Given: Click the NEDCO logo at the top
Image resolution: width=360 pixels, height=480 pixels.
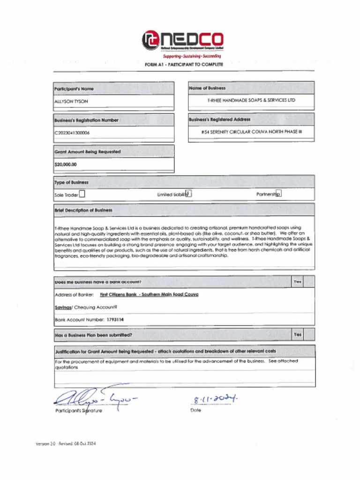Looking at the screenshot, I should pyautogui.click(x=183, y=40).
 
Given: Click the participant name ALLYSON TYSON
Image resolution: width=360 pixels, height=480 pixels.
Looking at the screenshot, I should pyautogui.click(x=71, y=101).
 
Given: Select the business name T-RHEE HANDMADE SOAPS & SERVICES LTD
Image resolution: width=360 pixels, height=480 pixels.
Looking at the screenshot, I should pyautogui.click(x=251, y=100).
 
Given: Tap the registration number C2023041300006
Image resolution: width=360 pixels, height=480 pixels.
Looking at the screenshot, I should pyautogui.click(x=72, y=133).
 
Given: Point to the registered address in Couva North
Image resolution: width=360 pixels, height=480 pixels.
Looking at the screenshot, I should pyautogui.click(x=251, y=132).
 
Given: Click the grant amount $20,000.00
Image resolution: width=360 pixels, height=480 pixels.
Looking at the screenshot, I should pyautogui.click(x=66, y=165).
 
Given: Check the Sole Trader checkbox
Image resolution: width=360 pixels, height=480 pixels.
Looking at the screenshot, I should pyautogui.click(x=82, y=194).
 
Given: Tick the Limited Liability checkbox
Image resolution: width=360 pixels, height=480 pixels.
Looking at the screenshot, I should pyautogui.click(x=188, y=193).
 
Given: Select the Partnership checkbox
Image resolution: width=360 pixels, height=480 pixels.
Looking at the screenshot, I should pyautogui.click(x=278, y=194).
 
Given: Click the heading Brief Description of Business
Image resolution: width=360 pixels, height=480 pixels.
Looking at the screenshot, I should pyautogui.click(x=83, y=210).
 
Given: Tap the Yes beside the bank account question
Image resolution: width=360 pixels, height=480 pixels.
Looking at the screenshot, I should pyautogui.click(x=297, y=282).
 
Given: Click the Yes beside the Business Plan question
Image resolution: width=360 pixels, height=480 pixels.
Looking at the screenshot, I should pyautogui.click(x=297, y=335).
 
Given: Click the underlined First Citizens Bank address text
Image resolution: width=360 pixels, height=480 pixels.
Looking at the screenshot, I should pyautogui.click(x=149, y=294).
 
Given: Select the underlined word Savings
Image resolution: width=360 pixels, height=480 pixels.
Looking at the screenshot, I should pyautogui.click(x=63, y=307).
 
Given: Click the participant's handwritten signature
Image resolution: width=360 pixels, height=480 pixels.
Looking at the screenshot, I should pyautogui.click(x=94, y=398).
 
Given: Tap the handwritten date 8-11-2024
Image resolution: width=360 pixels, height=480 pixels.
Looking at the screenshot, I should pyautogui.click(x=215, y=399).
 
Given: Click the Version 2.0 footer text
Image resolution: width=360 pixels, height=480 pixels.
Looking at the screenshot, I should pyautogui.click(x=66, y=443).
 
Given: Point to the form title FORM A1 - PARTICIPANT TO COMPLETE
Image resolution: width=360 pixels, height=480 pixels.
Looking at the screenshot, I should pyautogui.click(x=184, y=64).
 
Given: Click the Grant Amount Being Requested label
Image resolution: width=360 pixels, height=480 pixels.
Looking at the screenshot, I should pyautogui.click(x=88, y=152).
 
